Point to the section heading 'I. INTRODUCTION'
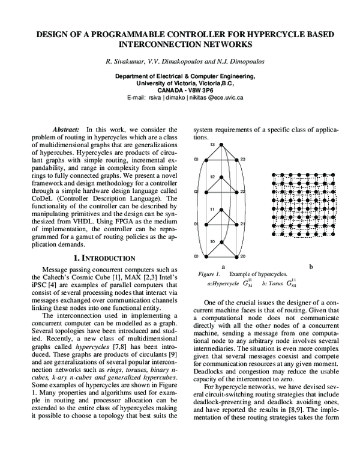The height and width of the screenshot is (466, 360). point(100,258)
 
